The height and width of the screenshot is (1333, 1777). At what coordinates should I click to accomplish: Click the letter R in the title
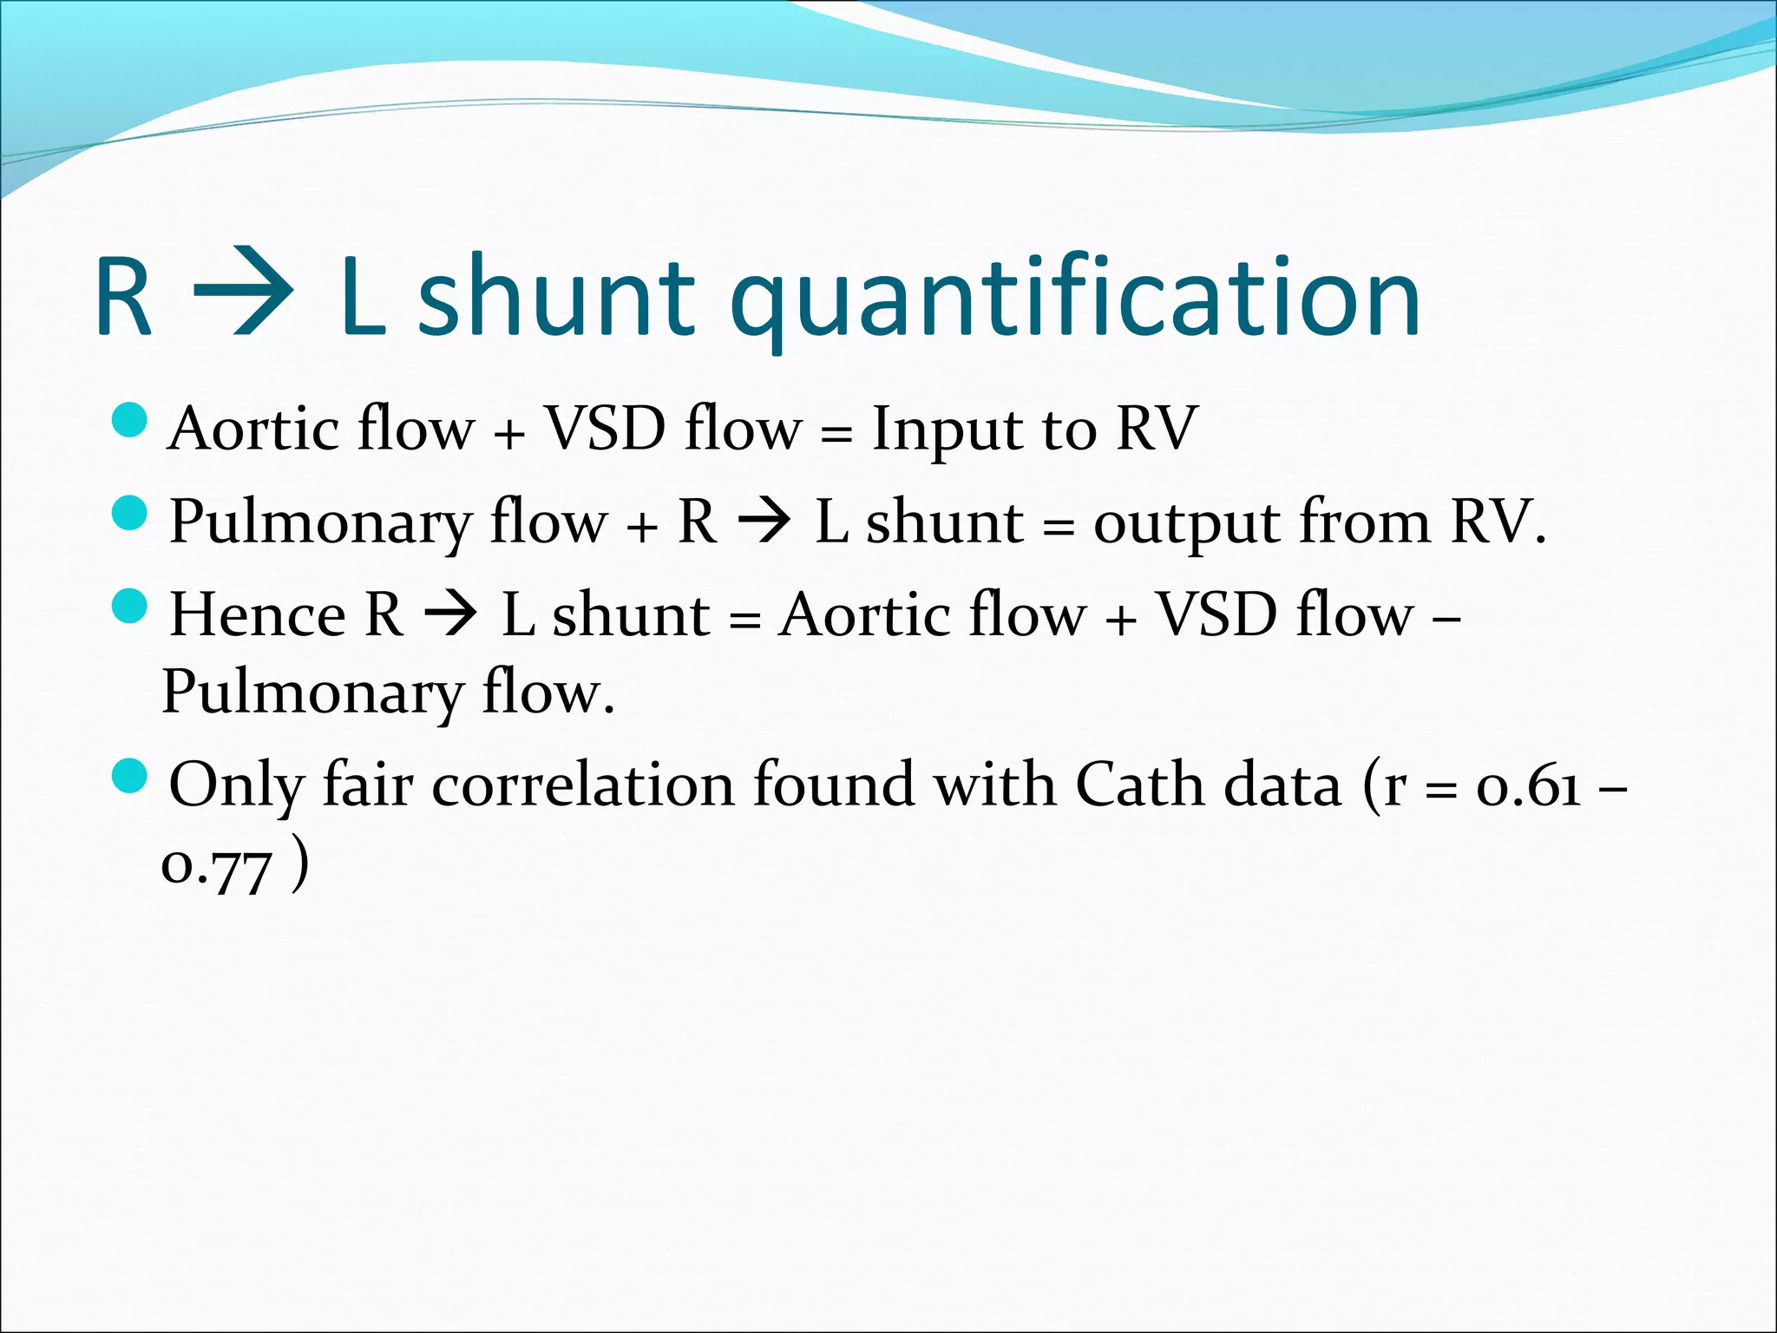click(x=123, y=297)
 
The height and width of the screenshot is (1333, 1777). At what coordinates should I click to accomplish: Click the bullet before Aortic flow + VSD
click(x=131, y=420)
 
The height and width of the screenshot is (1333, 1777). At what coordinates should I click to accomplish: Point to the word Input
click(x=942, y=430)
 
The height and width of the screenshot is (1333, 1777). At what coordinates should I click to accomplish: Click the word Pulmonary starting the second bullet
click(x=319, y=523)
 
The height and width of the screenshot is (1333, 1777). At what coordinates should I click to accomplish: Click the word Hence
click(x=258, y=615)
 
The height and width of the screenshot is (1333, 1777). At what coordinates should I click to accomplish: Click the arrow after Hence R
click(x=450, y=614)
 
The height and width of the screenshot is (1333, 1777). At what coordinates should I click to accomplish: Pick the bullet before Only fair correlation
click(x=131, y=775)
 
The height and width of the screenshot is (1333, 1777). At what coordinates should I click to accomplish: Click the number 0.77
click(x=217, y=868)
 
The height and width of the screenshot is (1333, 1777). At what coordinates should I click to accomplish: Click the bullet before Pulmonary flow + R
click(x=131, y=513)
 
